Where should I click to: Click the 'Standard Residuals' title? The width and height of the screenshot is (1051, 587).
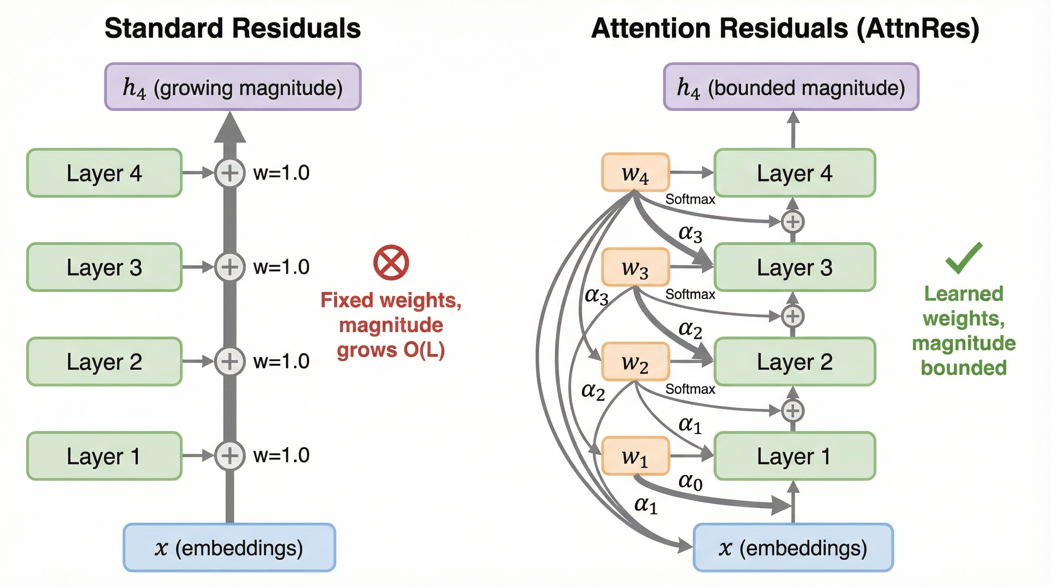233,28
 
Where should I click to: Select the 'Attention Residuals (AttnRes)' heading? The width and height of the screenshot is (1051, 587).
785,29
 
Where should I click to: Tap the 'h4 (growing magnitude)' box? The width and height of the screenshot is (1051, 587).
233,86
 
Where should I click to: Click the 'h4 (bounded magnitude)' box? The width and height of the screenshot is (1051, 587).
791,86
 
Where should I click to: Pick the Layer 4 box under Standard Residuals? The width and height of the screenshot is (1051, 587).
104,173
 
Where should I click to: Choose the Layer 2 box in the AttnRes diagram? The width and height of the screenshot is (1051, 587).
795,361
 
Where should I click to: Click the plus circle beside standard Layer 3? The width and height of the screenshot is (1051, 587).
230,267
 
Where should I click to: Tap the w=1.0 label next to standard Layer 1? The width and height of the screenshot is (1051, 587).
281,455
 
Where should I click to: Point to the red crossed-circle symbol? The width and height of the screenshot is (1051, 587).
391,263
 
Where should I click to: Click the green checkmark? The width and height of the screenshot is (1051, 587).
964,258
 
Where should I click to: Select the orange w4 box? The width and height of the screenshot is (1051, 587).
635,172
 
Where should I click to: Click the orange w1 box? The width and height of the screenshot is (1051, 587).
635,456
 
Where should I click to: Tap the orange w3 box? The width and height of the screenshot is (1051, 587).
635,267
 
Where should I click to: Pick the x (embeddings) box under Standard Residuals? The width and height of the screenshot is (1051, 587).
229,547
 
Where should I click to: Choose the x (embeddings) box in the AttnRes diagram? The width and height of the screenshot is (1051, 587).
793,547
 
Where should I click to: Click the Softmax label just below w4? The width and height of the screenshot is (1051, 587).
690,199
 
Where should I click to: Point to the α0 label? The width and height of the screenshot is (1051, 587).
690,482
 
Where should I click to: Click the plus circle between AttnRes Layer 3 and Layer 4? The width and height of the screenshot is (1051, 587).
793,222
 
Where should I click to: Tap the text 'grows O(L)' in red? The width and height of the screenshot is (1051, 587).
391,350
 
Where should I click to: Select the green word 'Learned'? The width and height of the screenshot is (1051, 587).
964,293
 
